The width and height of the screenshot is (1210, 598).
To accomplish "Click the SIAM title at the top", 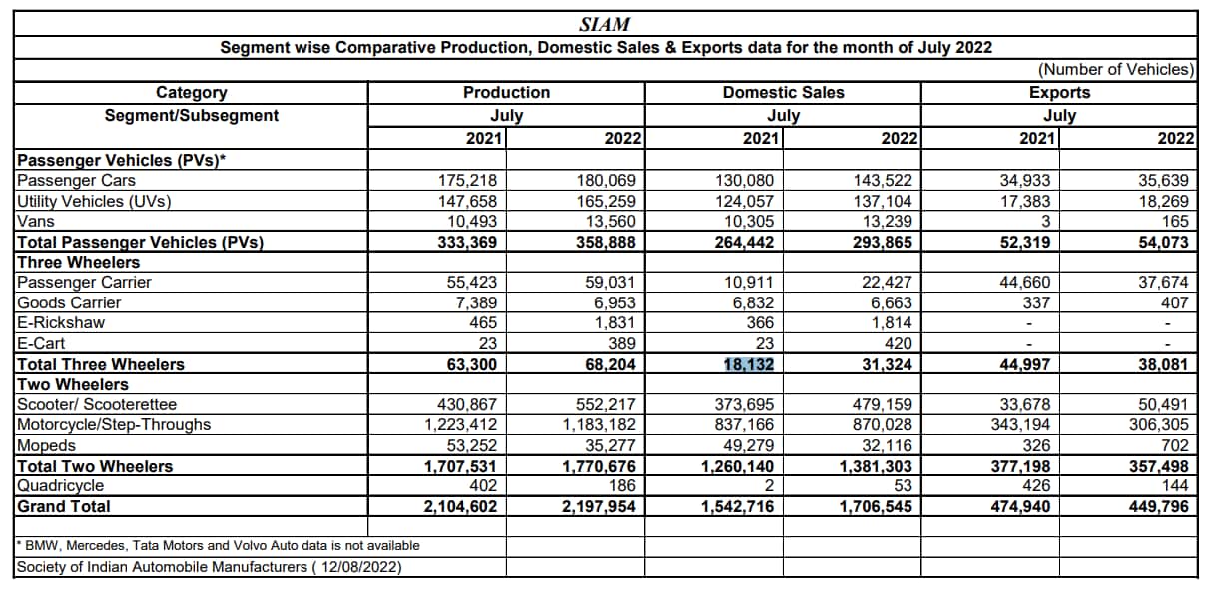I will [604, 24].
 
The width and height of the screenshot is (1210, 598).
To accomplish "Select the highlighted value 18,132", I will [749, 364].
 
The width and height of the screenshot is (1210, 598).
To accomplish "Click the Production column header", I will [506, 92].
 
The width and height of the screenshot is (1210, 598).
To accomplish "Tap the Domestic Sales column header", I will [783, 92].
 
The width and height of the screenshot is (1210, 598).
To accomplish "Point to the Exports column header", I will [1059, 92].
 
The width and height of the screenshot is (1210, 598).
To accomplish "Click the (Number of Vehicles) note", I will [1116, 70].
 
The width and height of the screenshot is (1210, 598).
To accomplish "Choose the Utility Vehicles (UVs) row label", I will [94, 201].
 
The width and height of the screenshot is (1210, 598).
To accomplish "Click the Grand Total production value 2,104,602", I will [454, 506].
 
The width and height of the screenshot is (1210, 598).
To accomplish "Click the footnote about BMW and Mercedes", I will [219, 545].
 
